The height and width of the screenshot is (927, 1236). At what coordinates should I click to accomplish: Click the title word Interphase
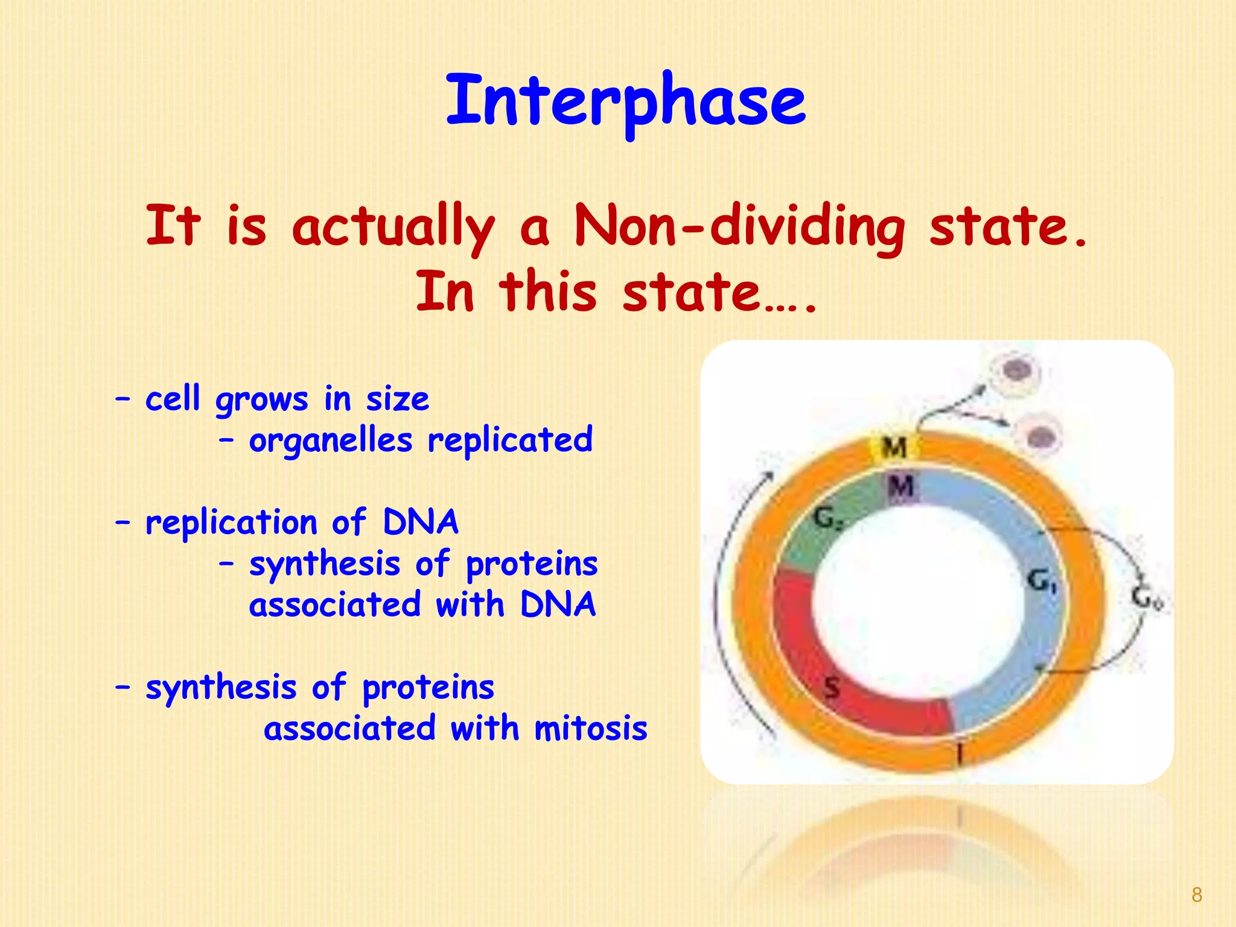[x=626, y=101]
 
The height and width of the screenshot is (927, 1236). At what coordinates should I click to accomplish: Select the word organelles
[x=331, y=440]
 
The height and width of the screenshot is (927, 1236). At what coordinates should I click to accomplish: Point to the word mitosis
[x=591, y=728]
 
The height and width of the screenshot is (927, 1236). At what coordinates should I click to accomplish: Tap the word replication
[x=231, y=523]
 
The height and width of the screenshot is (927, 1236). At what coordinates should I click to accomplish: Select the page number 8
[x=1197, y=895]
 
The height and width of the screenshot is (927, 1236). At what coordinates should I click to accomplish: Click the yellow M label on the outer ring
[x=894, y=448]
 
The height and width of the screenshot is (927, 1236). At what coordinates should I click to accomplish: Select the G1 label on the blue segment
[x=1041, y=581]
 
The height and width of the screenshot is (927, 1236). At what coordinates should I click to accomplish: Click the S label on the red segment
[x=832, y=686]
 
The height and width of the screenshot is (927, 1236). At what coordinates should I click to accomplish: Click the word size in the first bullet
[x=398, y=400]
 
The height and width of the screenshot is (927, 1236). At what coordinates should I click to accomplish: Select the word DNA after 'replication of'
[x=421, y=523]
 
